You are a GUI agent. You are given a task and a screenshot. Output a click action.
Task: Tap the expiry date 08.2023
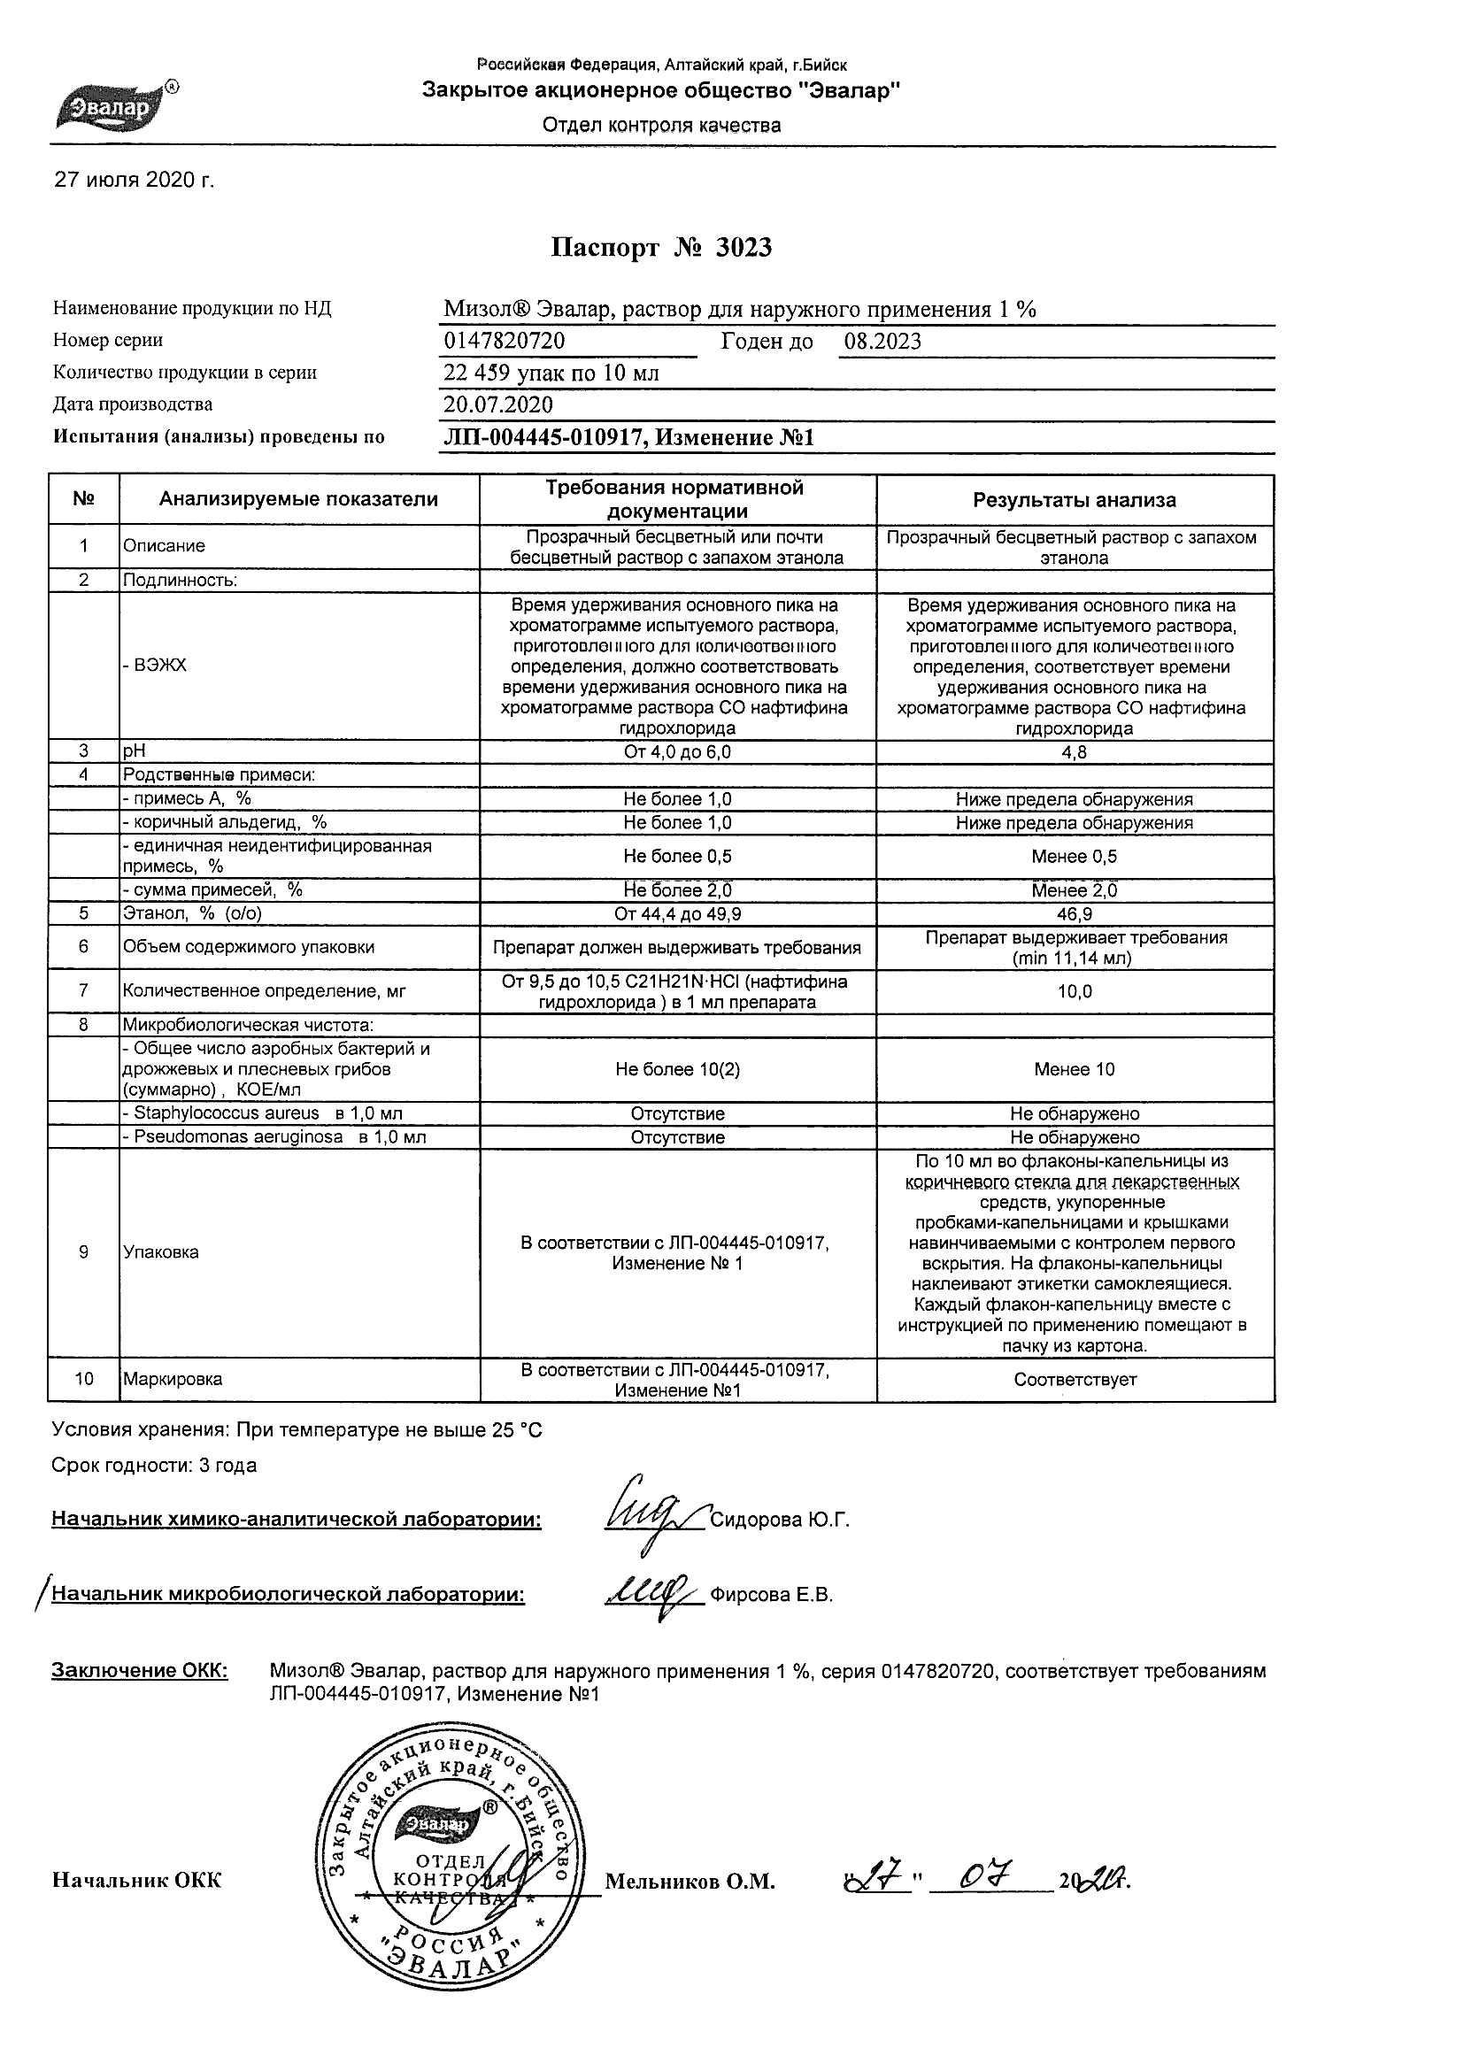click(x=882, y=341)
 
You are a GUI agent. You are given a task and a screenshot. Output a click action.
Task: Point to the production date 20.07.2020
click(x=498, y=404)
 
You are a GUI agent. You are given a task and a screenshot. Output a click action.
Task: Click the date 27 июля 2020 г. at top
click(x=135, y=181)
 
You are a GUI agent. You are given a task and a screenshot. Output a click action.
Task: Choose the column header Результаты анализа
click(x=1074, y=500)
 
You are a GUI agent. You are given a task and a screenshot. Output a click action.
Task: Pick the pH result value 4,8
click(x=1074, y=752)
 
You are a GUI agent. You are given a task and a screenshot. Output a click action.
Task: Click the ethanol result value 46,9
click(x=1074, y=913)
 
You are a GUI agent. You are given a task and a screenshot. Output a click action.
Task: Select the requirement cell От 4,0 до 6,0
click(x=677, y=752)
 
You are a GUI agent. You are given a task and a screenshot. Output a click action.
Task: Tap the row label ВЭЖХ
click(x=154, y=666)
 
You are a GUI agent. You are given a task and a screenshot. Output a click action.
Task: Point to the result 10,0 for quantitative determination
click(x=1074, y=991)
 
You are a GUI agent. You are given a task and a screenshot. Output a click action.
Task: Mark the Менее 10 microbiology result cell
click(x=1074, y=1070)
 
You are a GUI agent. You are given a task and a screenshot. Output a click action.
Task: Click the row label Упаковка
click(x=160, y=1252)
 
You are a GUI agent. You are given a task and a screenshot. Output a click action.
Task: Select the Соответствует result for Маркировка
click(x=1075, y=1379)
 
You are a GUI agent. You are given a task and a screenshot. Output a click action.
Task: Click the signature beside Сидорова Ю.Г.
click(x=652, y=1518)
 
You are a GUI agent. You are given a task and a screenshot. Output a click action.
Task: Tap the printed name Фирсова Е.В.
click(x=771, y=1596)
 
